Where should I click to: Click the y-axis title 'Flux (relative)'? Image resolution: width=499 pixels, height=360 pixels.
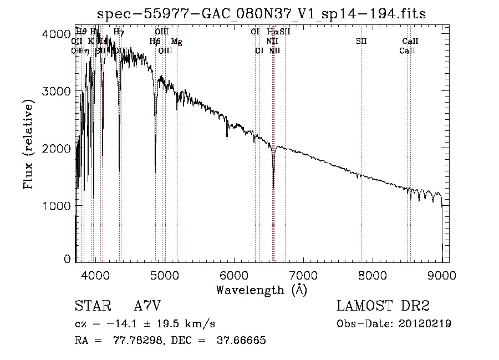point(28,145)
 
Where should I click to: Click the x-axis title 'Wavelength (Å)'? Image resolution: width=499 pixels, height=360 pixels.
point(261,290)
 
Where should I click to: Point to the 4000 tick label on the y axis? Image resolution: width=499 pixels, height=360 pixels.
point(57,34)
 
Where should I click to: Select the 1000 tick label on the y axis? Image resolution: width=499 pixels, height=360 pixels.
point(57,206)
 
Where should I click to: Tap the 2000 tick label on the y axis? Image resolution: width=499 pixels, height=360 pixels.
point(57,149)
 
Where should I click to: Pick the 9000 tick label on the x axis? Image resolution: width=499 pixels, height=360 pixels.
point(442,275)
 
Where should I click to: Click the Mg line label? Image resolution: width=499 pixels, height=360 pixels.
point(176,41)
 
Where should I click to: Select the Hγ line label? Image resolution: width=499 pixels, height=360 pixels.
point(119,32)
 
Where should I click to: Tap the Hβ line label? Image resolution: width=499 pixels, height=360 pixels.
point(155,41)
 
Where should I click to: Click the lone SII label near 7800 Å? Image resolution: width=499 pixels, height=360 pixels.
point(361,41)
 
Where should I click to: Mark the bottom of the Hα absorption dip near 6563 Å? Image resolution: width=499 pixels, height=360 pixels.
point(273,187)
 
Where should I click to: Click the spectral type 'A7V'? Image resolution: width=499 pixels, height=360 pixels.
point(147,306)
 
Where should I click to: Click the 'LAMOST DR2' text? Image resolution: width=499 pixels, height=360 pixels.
point(383,306)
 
